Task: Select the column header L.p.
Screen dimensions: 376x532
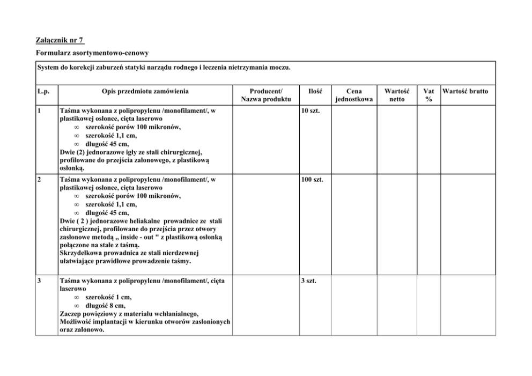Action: [x=43, y=91]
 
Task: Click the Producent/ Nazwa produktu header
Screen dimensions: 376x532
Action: [x=265, y=95]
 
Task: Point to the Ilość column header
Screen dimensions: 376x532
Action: [x=315, y=91]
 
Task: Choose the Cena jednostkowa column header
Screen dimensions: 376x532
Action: [x=353, y=95]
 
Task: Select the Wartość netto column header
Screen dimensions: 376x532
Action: [x=397, y=95]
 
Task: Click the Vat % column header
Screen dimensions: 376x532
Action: [x=428, y=95]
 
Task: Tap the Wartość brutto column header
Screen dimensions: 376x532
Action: [x=465, y=91]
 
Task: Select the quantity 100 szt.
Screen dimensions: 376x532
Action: [x=312, y=179]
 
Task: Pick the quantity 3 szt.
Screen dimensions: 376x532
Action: [x=308, y=281]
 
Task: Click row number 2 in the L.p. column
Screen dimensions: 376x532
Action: [x=40, y=179]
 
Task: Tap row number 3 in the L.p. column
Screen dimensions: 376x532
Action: [x=40, y=281]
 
